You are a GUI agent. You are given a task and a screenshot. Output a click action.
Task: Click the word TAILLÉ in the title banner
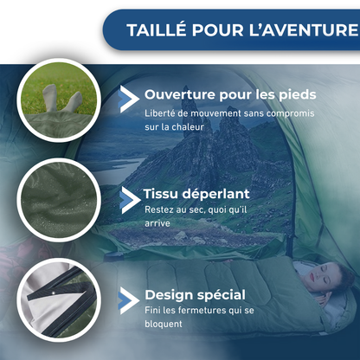coord(158,30)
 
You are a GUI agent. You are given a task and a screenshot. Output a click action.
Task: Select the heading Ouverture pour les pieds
coord(230,94)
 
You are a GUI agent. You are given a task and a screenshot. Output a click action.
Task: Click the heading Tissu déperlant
coord(197,193)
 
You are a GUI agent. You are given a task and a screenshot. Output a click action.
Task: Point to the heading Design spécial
coord(195,294)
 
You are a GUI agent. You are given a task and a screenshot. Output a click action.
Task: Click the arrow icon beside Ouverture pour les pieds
coord(129,97)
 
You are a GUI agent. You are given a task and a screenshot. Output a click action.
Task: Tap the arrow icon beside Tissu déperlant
coord(129,198)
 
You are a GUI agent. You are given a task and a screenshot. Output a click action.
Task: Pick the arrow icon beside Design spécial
coord(128,299)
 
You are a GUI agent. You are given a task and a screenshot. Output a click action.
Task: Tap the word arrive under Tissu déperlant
coord(157,223)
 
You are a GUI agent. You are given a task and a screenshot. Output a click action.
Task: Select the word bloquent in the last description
coord(164,325)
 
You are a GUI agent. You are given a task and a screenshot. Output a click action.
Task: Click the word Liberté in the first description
coord(162,112)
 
